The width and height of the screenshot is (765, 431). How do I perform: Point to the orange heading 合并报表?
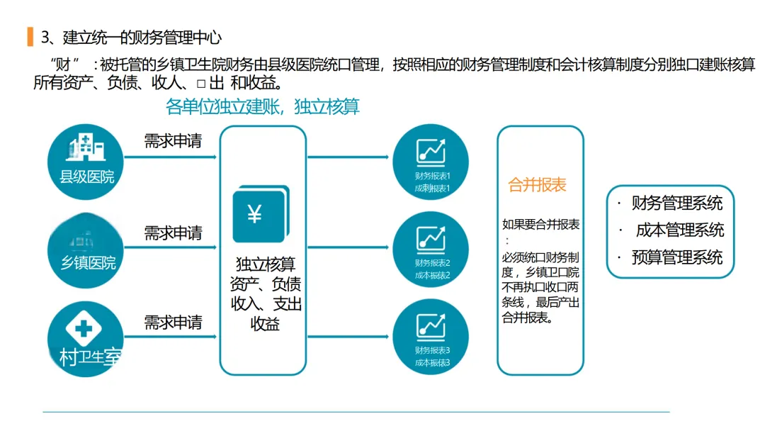coord(537,186)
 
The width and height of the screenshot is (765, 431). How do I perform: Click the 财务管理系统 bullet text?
coord(676,203)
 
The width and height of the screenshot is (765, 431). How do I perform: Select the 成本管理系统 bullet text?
coord(679,230)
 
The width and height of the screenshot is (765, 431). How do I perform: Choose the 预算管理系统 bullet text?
coord(676,257)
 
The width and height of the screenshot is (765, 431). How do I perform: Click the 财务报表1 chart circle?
coord(431,162)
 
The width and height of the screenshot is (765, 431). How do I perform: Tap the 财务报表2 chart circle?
coord(431,249)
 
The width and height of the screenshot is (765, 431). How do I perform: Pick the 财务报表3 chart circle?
coord(431,338)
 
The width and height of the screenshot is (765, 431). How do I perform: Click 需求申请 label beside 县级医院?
coord(173,141)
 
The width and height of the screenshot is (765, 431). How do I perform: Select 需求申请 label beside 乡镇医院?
coord(173,233)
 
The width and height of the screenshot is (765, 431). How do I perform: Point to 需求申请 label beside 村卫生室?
coord(173,323)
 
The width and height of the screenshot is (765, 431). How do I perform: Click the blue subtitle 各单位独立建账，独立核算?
coord(262,107)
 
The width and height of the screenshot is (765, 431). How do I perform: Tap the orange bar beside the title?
coord(30,36)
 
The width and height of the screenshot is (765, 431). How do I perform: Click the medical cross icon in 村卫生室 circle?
coord(83,328)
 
